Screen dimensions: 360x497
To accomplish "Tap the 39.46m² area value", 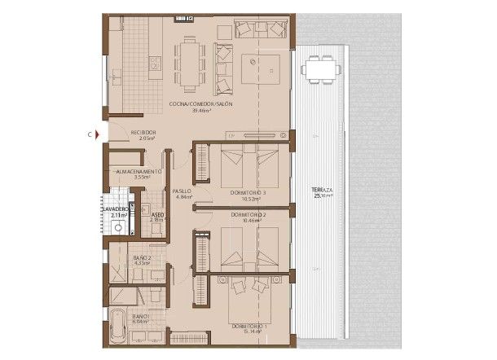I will click(x=201, y=111).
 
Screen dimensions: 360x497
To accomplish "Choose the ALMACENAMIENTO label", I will click(x=139, y=172).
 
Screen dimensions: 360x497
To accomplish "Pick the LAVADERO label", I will click(x=115, y=209).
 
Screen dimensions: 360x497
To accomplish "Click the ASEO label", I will click(x=158, y=215).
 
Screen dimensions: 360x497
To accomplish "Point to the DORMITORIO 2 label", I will click(x=248, y=214).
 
